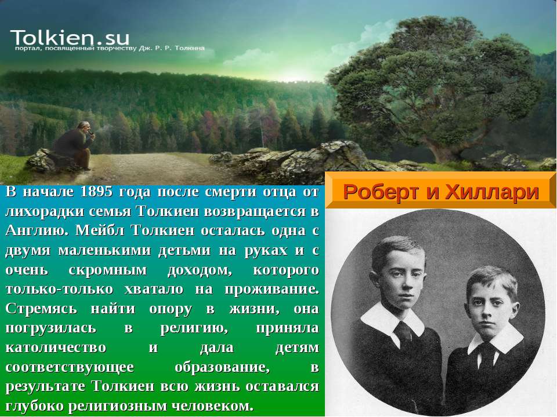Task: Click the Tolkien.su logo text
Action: pos(70,37)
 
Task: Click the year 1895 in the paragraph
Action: pos(96,192)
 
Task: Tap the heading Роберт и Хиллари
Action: pos(440,192)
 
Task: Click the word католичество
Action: pos(56,348)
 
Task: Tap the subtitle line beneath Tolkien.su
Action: pos(110,48)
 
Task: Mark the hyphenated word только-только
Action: pos(59,290)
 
